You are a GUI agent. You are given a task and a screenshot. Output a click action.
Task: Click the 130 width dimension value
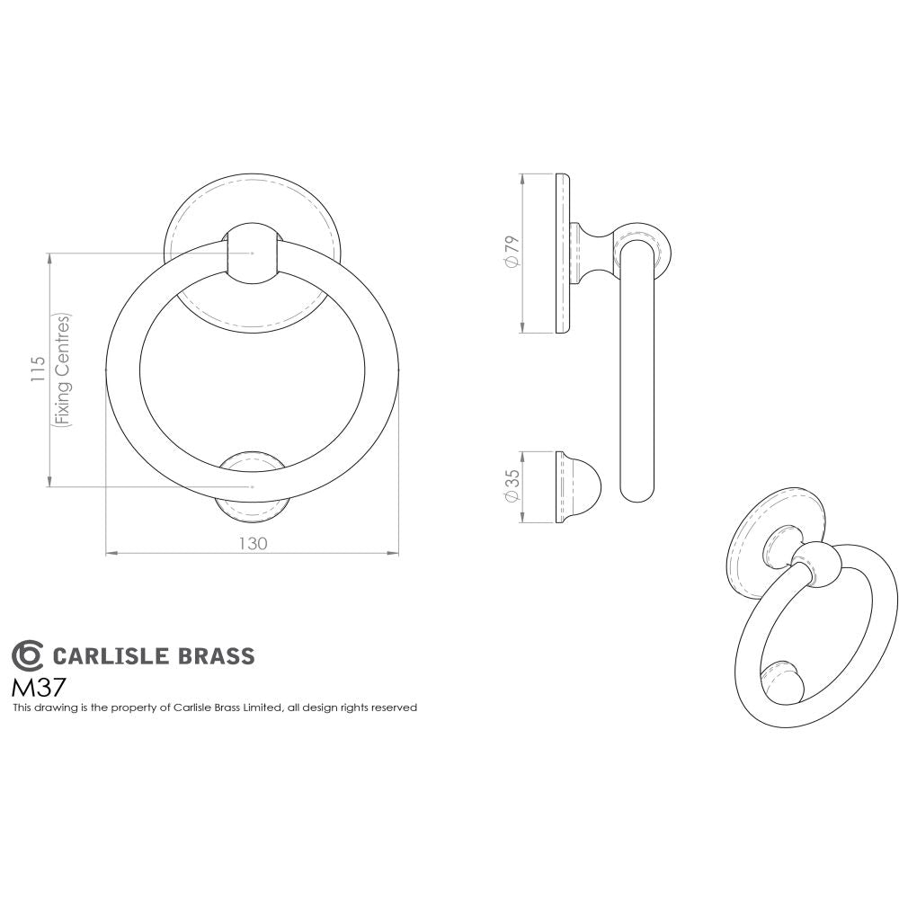253,543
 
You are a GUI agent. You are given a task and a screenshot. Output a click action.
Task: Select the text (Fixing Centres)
62,369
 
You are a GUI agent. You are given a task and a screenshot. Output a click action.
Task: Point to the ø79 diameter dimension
512,251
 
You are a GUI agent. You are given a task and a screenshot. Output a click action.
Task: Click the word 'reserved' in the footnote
397,708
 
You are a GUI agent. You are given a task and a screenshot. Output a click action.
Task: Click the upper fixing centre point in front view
253,254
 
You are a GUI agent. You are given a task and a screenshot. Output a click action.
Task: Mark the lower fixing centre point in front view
253,486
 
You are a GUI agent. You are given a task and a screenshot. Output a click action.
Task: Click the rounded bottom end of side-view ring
637,491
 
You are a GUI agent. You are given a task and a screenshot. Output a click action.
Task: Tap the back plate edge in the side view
563,253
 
